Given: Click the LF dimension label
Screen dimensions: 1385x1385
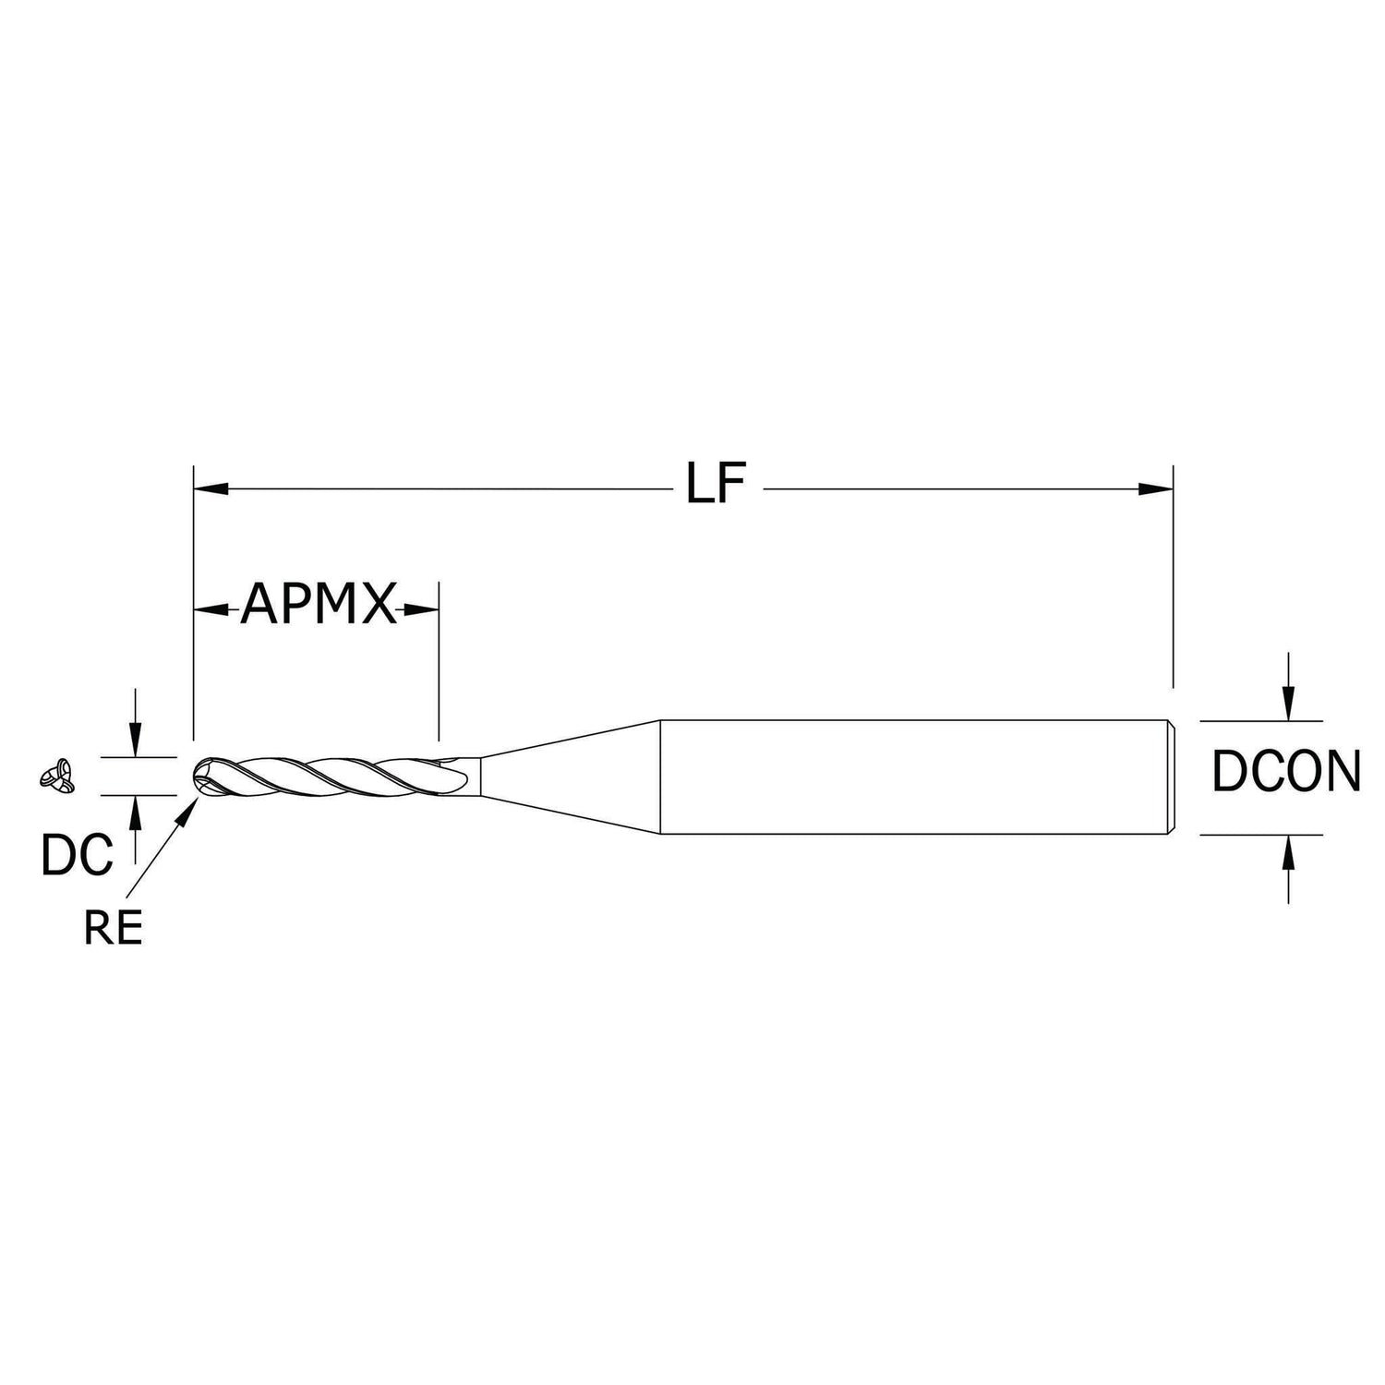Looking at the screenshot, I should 715,484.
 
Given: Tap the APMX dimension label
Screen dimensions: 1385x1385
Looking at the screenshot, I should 318,608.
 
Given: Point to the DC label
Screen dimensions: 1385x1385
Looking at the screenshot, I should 77,855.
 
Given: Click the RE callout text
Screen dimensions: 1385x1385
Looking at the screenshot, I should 114,929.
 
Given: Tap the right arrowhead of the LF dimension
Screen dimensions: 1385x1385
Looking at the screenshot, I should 1155,488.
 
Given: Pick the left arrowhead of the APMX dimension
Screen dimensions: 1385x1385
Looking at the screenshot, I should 211,609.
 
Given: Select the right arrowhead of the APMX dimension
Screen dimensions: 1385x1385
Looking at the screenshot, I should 421,609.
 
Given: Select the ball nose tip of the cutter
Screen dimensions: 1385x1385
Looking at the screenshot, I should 204,776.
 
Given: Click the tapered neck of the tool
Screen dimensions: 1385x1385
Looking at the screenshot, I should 568,777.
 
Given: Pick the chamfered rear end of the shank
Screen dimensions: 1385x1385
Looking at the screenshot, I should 1172,777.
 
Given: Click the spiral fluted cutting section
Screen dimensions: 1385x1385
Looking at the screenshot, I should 332,776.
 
